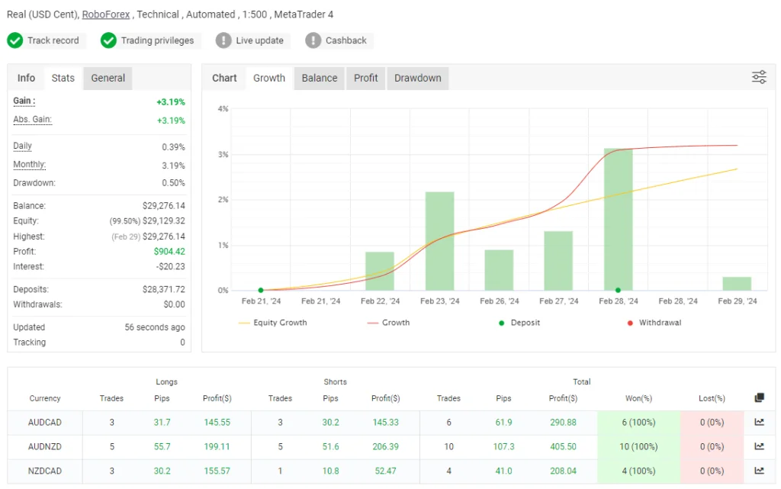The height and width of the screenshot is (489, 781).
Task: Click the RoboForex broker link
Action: point(106,14)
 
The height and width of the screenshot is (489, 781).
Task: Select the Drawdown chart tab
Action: point(417,78)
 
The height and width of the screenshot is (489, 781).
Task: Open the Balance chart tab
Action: point(320,78)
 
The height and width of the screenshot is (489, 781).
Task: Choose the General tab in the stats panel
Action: point(108,78)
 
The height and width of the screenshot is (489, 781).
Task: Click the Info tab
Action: point(26,78)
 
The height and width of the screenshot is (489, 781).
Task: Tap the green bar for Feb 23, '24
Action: point(439,241)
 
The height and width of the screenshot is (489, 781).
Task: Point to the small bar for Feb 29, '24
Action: point(737,283)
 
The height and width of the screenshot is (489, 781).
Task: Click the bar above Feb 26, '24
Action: point(499,270)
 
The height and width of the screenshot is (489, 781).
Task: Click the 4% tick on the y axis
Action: point(223,109)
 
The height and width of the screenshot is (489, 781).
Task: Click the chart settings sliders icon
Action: point(759,77)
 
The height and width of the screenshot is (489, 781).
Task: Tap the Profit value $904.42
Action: point(169,252)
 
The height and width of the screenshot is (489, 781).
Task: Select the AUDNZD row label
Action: point(45,447)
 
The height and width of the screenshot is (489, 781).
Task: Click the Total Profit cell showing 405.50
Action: point(563,447)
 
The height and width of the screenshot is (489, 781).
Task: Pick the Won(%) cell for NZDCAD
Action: point(638,471)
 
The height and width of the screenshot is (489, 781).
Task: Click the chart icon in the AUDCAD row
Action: point(759,422)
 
